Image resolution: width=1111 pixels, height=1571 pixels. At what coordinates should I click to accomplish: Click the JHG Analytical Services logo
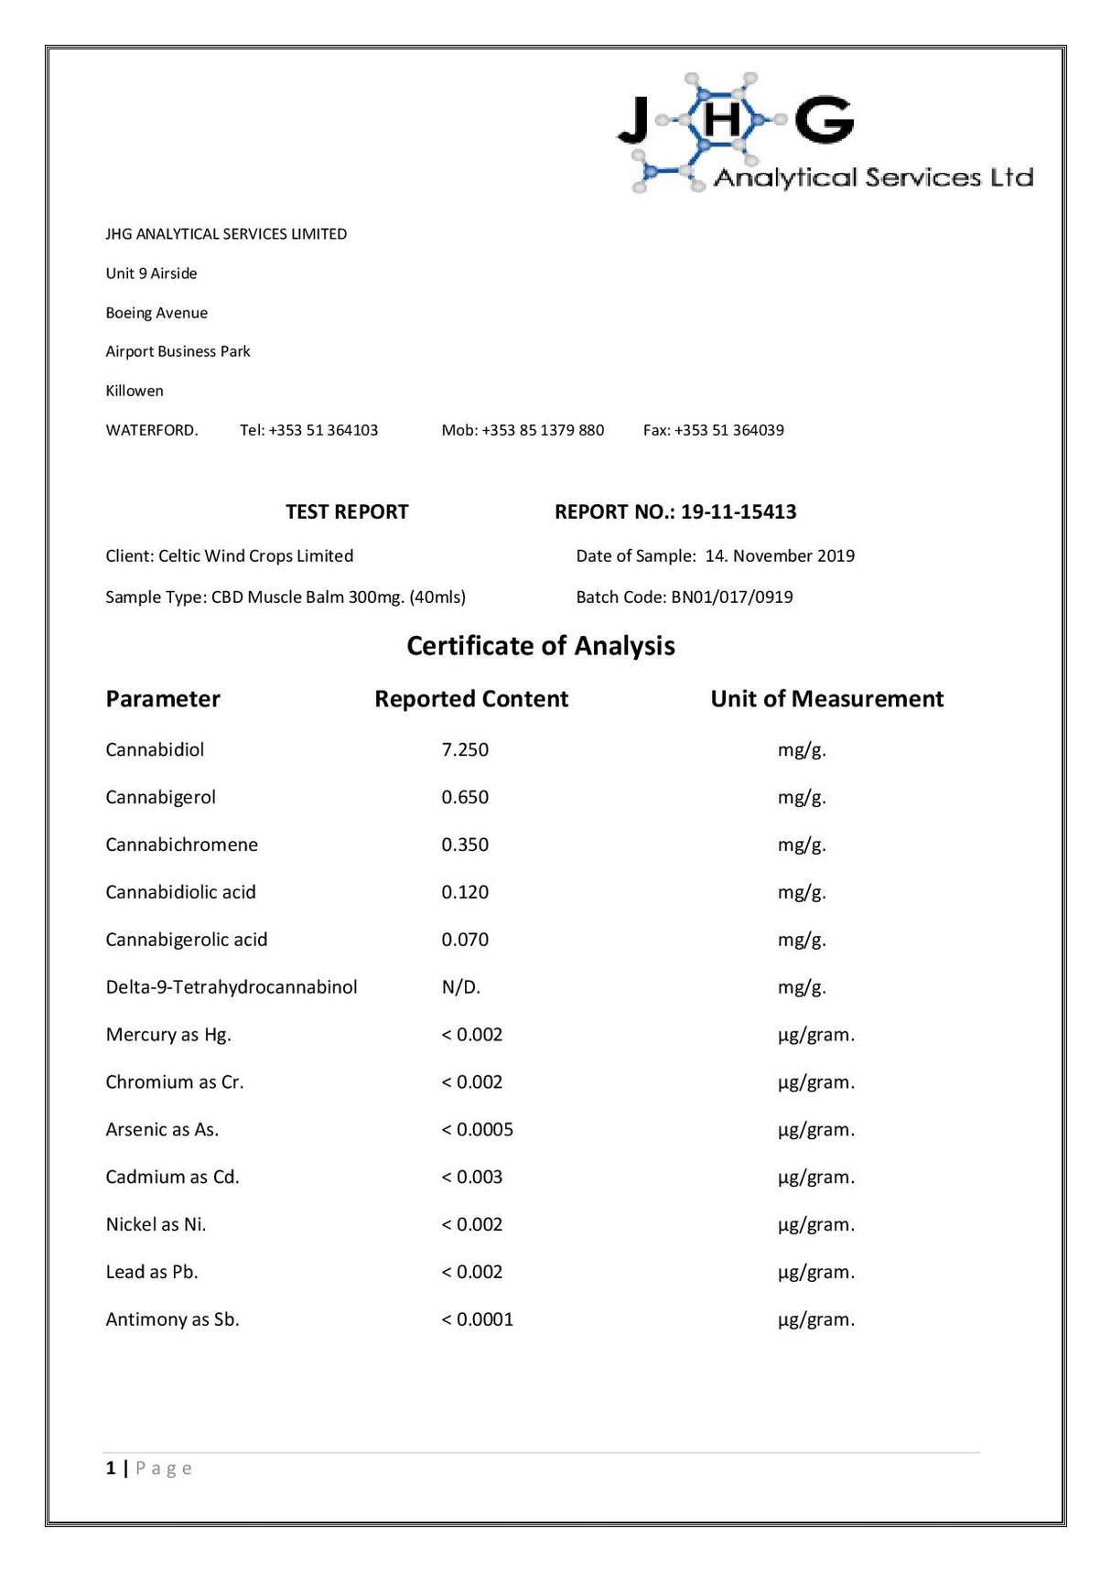[825, 134]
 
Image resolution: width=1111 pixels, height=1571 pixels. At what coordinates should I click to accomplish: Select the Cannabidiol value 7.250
[465, 749]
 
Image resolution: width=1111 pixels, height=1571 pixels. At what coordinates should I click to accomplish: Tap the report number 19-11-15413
[739, 511]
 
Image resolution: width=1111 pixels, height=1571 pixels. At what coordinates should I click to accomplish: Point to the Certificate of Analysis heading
[540, 646]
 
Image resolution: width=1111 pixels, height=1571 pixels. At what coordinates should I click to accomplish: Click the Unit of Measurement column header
[826, 699]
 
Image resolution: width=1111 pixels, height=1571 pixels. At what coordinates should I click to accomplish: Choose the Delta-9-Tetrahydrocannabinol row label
[231, 987]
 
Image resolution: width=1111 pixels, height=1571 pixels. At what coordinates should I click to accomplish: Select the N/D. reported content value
[460, 987]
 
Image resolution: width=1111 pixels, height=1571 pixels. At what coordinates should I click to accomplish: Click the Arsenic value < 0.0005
[477, 1130]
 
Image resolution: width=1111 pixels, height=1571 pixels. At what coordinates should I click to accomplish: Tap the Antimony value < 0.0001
[477, 1319]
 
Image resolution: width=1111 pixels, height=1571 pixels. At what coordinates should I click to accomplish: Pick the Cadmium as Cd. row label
[172, 1178]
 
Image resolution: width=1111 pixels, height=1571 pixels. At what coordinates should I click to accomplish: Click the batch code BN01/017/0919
[732, 597]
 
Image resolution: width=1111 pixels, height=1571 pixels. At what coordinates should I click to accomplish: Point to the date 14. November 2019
[780, 556]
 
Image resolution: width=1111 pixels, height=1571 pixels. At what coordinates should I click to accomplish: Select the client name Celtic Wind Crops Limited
[255, 556]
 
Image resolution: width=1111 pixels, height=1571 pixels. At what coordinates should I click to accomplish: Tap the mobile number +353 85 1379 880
[543, 430]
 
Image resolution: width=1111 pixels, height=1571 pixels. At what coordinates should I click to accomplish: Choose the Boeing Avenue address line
[156, 313]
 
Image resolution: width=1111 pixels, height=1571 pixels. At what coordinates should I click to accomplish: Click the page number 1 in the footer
[111, 1469]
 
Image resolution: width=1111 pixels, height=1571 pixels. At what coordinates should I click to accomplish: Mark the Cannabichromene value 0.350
[465, 845]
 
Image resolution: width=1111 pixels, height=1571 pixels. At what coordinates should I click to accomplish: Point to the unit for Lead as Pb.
[815, 1272]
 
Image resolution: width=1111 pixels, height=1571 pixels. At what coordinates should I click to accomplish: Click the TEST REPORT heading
[347, 511]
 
